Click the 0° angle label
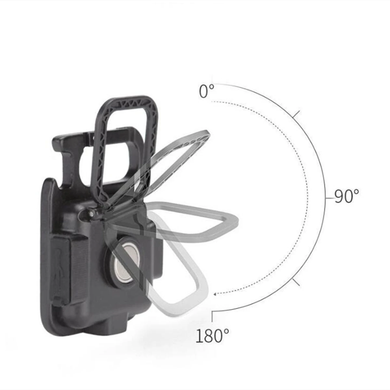click(206, 91)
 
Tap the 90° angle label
click(347, 196)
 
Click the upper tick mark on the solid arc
click(296, 114)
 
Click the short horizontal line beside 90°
click(329, 198)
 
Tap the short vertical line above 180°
click(212, 317)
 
